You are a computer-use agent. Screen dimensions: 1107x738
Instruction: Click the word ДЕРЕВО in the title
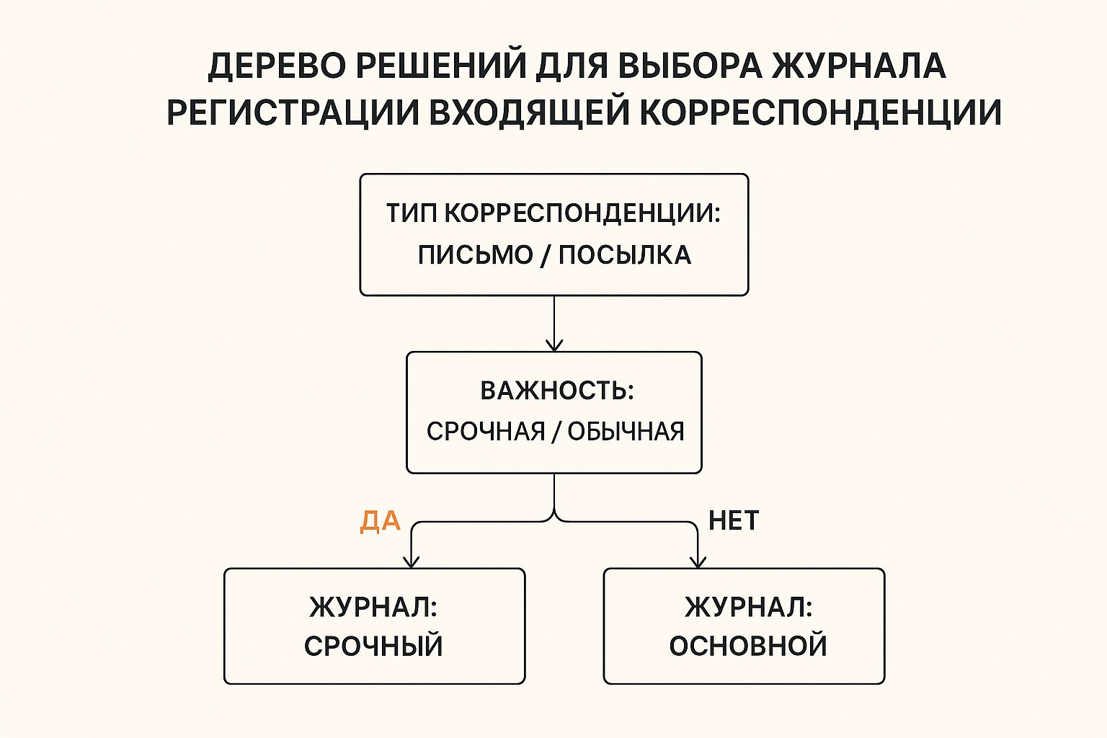(277, 66)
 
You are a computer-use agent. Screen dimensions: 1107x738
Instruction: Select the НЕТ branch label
(734, 520)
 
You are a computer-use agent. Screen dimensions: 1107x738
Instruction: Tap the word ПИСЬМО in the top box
(476, 255)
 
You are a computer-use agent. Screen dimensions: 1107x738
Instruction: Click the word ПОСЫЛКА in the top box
(625, 255)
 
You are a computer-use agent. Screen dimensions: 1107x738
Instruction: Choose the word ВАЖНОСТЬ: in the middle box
(557, 391)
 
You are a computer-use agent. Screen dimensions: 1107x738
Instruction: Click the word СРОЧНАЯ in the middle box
(486, 432)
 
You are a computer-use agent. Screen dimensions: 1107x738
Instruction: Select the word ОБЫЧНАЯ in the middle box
(626, 432)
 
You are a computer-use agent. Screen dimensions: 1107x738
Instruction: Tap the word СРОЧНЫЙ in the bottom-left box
(373, 645)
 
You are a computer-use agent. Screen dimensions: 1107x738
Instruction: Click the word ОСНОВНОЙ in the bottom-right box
(748, 645)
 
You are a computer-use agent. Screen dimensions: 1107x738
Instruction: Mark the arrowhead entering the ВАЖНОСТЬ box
(554, 345)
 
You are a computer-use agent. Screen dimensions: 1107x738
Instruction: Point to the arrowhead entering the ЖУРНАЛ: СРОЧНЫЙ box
(412, 562)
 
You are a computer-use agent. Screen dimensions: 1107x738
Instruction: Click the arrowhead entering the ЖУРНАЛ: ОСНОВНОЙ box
(698, 562)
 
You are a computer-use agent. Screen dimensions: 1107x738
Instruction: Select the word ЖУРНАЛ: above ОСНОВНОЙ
(748, 607)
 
